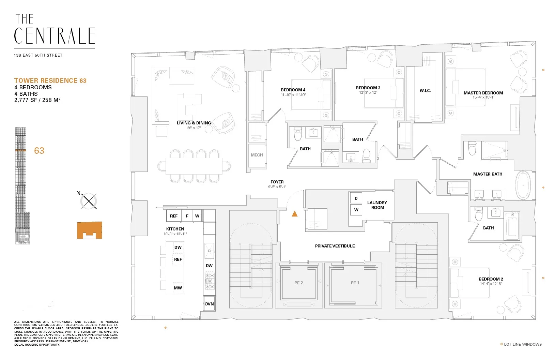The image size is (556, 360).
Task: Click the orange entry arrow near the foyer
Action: pos(295,214)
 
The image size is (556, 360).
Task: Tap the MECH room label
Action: pos(257,155)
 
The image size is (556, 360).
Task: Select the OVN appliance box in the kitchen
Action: pos(209,304)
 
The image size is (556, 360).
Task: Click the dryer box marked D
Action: pos(356,198)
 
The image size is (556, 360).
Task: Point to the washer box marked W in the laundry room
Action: pos(356,210)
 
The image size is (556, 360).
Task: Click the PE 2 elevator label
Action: pos(298,283)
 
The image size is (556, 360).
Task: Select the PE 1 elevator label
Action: pos(355,283)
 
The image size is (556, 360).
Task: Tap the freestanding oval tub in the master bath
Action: pos(523,185)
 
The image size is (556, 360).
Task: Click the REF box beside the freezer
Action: pos(174,216)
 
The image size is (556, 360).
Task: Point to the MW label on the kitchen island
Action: pos(178,288)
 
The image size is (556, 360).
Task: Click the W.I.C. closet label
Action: pos(425,91)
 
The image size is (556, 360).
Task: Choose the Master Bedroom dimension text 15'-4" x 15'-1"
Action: pos(483,97)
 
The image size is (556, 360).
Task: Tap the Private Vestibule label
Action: pos(335,246)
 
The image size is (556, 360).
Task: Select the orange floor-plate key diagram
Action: pos(89,230)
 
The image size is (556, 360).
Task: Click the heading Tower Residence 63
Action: pos(50,81)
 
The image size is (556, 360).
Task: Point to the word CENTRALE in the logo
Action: pos(55,36)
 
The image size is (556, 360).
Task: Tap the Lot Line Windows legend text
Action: pos(523,344)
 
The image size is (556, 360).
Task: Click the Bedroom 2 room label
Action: pos(491,279)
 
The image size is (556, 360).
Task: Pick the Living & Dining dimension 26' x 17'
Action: pos(194,128)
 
